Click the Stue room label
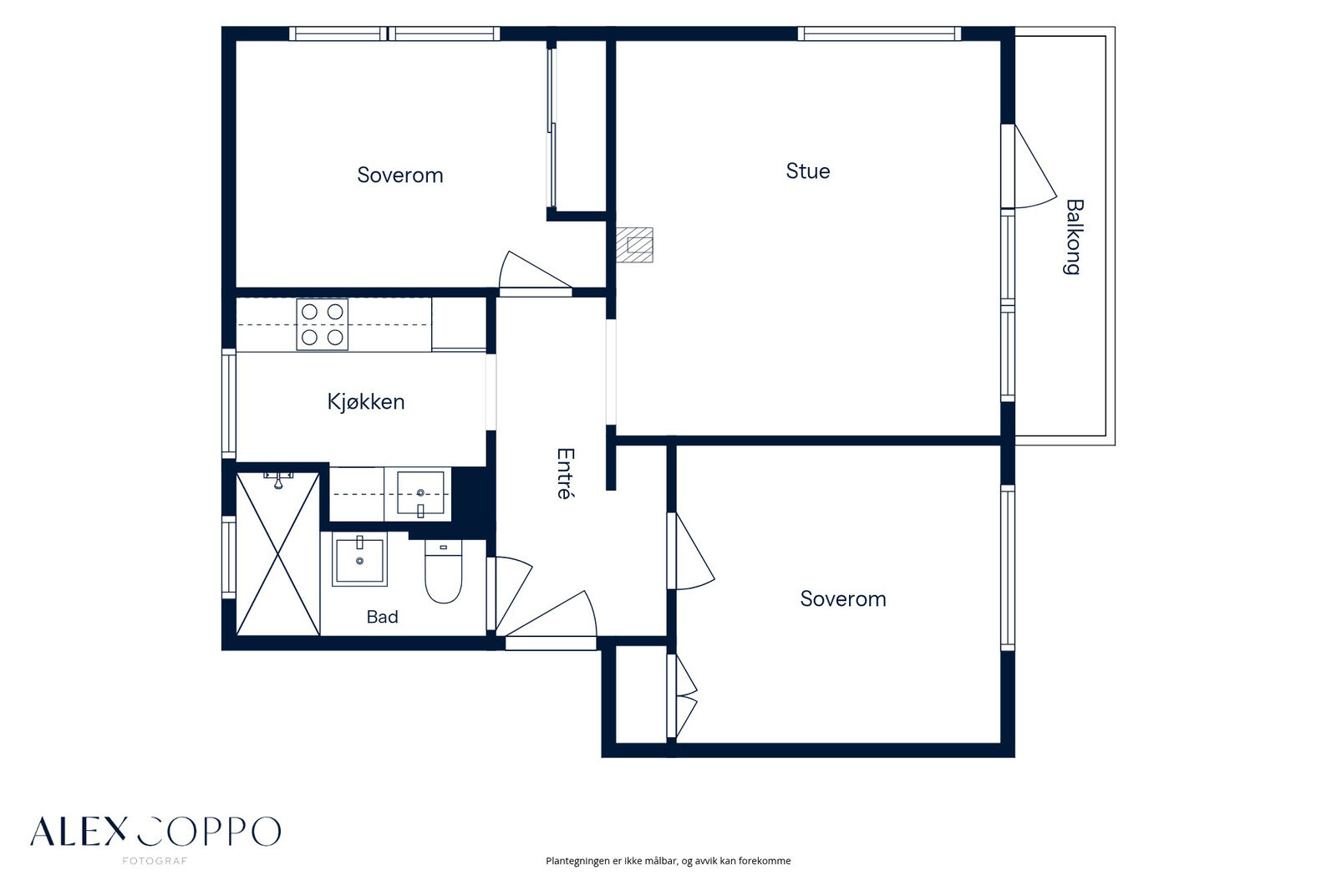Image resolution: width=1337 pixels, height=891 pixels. click(x=807, y=171)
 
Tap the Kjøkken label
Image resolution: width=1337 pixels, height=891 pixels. click(x=366, y=402)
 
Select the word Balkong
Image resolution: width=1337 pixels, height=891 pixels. click(x=1073, y=237)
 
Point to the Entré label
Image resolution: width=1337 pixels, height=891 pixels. click(x=565, y=473)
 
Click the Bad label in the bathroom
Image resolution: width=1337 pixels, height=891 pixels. click(x=382, y=617)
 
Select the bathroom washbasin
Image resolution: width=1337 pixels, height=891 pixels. click(x=359, y=559)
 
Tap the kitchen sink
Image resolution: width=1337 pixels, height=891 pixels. click(x=420, y=493)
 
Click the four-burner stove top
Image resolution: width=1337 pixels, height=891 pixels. click(x=323, y=324)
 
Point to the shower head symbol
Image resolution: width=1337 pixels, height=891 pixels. click(x=278, y=480)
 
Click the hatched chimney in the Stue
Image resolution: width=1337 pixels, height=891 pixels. click(x=635, y=245)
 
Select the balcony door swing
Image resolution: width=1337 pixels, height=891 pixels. click(x=1035, y=166)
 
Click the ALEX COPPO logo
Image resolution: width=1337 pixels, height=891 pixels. click(x=155, y=832)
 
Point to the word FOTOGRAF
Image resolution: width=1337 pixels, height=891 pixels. click(x=155, y=861)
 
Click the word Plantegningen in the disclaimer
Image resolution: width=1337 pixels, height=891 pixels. click(x=577, y=861)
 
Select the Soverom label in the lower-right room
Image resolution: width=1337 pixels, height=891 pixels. click(x=843, y=599)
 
